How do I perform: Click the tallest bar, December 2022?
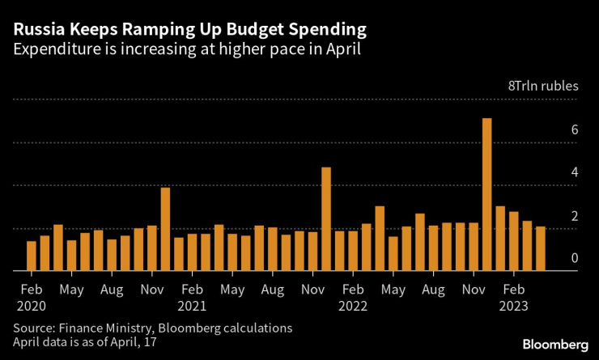click(x=487, y=195)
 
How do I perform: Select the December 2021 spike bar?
click(x=326, y=219)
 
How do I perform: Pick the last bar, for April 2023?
click(x=541, y=248)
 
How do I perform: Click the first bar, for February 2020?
click(x=32, y=256)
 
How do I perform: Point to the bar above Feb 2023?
click(x=514, y=241)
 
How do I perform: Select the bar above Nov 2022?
click(x=474, y=247)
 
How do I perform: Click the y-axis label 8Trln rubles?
click(x=542, y=85)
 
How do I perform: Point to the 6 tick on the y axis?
click(x=574, y=130)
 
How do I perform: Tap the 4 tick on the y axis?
click(x=574, y=173)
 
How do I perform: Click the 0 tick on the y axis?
click(x=574, y=259)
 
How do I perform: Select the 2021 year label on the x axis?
click(x=193, y=307)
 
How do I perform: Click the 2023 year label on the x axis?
click(x=514, y=307)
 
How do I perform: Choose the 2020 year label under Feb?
click(x=32, y=307)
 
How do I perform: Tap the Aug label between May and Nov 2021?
click(x=273, y=289)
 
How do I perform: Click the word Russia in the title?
click(x=37, y=30)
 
